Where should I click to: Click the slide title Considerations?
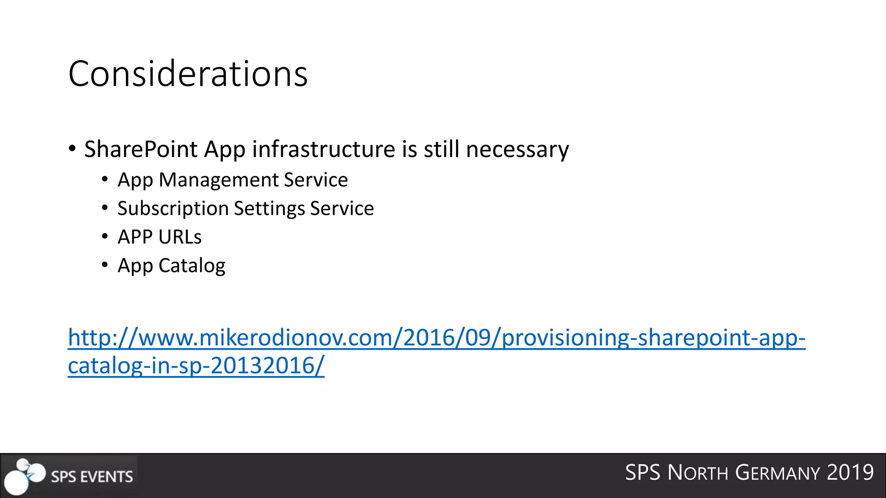coord(188,74)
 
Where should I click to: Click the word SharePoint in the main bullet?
coord(141,150)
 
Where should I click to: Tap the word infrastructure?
coord(323,150)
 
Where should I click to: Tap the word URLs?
coord(180,237)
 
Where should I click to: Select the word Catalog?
coord(192,266)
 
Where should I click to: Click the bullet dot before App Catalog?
coord(105,265)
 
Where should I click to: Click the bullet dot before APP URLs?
coord(105,236)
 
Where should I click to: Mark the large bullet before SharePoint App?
coord(72,149)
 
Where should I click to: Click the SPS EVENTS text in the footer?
coord(92,477)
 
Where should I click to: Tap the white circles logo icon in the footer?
coord(24,476)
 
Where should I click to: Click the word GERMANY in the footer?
coord(777,472)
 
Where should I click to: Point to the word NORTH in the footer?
coord(698,472)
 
